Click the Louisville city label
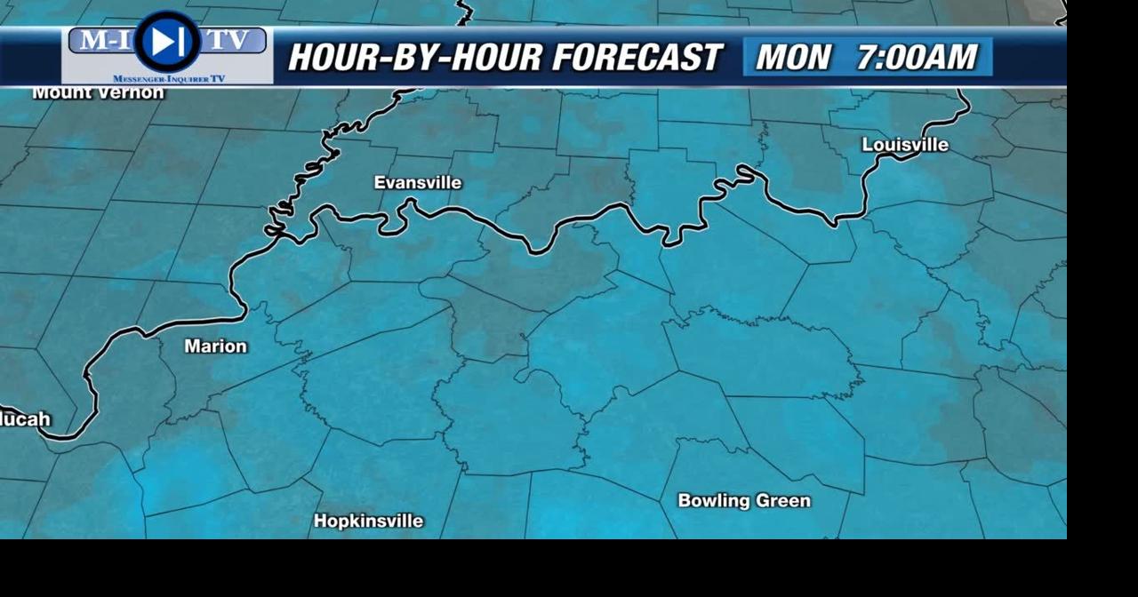click(905, 145)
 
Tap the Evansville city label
click(417, 183)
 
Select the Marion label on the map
click(215, 346)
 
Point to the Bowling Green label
click(744, 501)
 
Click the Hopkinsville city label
click(368, 521)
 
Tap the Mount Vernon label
click(98, 92)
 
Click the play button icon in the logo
click(166, 41)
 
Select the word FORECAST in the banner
click(636, 58)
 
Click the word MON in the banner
click(792, 58)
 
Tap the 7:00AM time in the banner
click(917, 58)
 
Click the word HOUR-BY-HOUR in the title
click(415, 58)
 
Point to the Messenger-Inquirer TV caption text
click(168, 79)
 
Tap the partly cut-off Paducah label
click(25, 419)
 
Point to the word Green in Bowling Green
click(782, 501)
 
